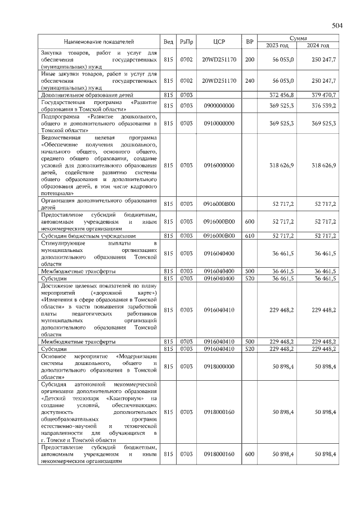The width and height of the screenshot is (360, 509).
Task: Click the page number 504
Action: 337,26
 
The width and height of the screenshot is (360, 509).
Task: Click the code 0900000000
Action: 219,106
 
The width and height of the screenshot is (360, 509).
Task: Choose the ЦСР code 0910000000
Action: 219,123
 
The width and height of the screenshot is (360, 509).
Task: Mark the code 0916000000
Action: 219,165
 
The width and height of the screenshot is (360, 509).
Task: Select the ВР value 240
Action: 250,81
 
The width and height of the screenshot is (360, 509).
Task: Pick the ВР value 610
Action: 250,236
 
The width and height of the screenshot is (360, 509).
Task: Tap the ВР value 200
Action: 250,60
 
